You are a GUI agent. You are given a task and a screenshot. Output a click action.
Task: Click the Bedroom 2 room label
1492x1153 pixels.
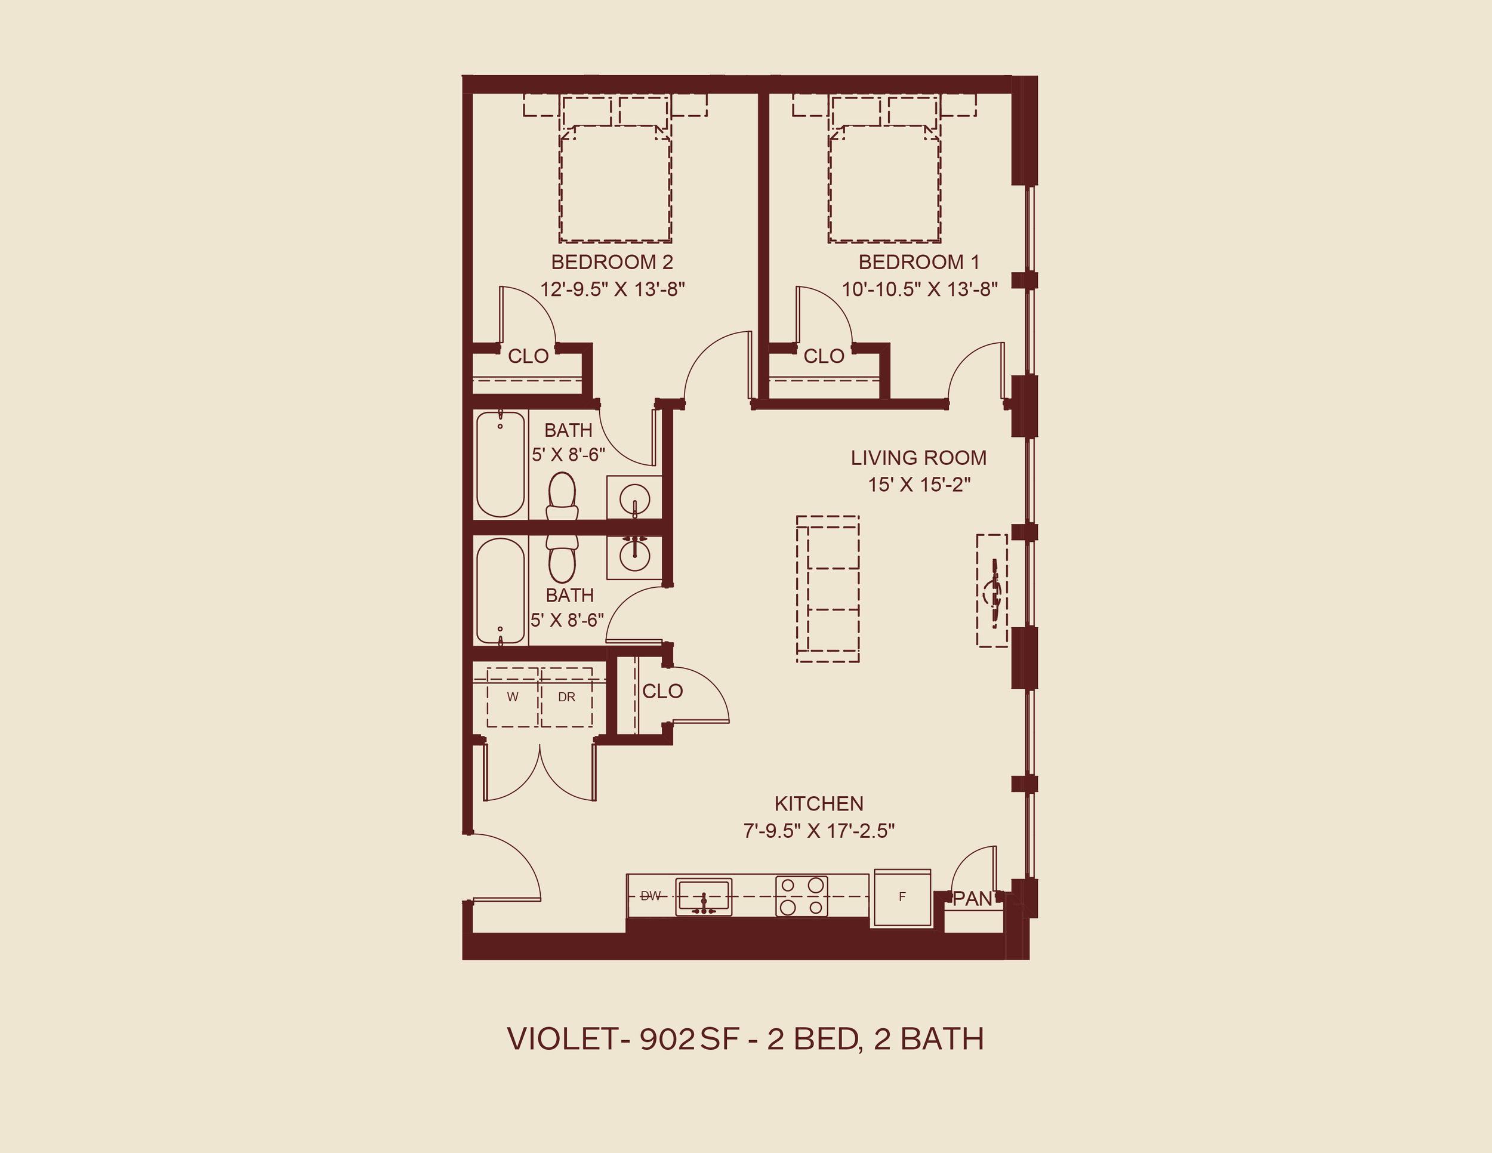[x=612, y=263]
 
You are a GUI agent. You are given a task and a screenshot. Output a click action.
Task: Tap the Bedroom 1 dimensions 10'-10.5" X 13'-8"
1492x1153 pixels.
[x=919, y=289]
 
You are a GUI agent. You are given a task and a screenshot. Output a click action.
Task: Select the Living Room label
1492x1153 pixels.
[x=918, y=458]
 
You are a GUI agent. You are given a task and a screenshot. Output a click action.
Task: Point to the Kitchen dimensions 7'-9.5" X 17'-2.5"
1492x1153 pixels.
[x=818, y=831]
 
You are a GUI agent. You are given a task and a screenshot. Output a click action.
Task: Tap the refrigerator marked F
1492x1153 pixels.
[x=902, y=898]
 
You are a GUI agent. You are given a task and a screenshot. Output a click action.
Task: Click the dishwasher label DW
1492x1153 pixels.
[x=651, y=896]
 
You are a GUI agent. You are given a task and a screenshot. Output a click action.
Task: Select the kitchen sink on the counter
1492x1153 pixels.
[x=704, y=897]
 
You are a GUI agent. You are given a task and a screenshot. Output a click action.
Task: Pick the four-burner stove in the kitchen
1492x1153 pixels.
[x=802, y=896]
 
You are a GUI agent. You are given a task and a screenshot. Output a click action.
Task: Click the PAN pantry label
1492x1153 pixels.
[x=973, y=899]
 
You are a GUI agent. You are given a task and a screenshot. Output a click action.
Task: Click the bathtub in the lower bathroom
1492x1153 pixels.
[x=500, y=591]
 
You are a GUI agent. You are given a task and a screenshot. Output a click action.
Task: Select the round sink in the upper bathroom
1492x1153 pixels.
[x=634, y=498]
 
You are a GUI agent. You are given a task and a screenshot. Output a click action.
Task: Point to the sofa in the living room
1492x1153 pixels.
[x=827, y=589]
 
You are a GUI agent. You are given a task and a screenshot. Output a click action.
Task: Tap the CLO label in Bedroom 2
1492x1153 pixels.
[x=528, y=356]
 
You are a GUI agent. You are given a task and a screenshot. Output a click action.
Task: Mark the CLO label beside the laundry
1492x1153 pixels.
[x=662, y=691]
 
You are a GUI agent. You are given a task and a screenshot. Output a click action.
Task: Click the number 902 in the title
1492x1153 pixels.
[x=667, y=1039]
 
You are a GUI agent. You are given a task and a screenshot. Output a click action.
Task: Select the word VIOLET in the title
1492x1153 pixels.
[x=562, y=1039]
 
